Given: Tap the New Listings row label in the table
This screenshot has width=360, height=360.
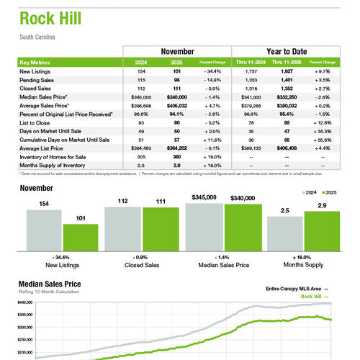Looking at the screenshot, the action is click(35, 72).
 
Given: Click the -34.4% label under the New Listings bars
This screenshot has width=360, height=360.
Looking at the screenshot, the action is click(61, 258).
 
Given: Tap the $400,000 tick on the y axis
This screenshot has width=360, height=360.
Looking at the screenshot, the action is click(24, 302).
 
